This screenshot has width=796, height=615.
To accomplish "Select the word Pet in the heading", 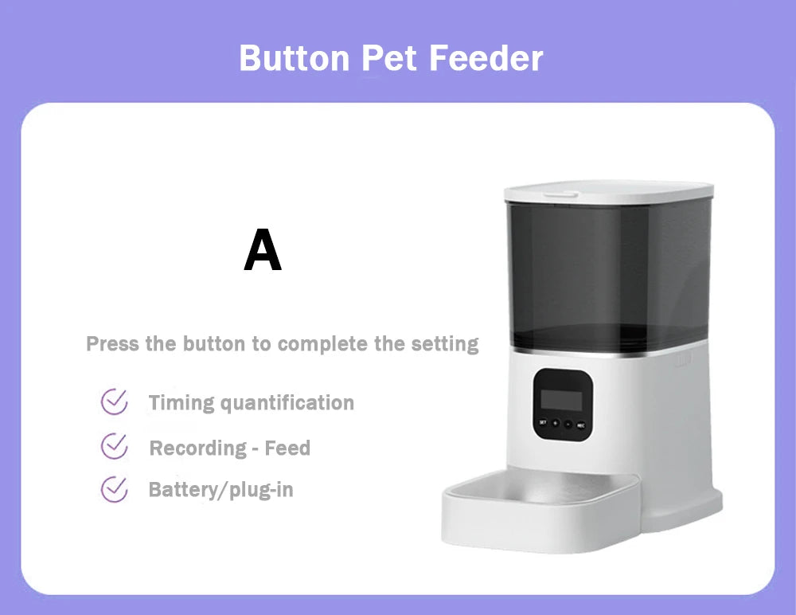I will [392, 59].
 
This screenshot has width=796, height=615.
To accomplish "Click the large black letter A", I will [263, 250].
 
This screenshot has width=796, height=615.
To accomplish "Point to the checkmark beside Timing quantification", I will [115, 402].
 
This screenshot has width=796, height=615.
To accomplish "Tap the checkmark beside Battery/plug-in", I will [115, 488].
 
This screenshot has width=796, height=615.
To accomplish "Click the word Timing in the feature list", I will [181, 403].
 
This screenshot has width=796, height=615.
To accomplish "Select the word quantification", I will [287, 403].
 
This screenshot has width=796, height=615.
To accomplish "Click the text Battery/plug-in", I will [220, 489].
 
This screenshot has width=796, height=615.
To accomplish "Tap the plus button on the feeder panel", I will [555, 423].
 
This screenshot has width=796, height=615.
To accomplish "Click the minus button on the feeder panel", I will [568, 423].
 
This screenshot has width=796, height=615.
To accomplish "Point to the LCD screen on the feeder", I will [561, 398].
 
